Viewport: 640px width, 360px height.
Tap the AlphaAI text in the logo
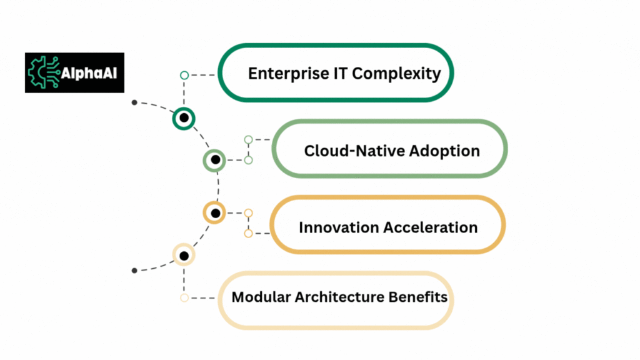89,74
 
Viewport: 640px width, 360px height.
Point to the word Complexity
396,74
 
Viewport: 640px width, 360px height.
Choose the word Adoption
444,151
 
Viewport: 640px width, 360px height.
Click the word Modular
261,297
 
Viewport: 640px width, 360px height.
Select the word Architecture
339,297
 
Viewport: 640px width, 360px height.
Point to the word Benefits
418,297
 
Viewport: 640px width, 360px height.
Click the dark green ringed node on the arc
184,118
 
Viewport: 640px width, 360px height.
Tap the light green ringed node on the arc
215,160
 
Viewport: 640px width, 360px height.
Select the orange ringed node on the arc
215,212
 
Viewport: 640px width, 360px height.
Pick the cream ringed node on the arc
184,255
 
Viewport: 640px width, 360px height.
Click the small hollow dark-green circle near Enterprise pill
184,75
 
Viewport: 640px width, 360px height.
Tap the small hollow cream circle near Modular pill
184,298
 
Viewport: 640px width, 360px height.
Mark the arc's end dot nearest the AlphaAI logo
134,102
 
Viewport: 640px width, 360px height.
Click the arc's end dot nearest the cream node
134,271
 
